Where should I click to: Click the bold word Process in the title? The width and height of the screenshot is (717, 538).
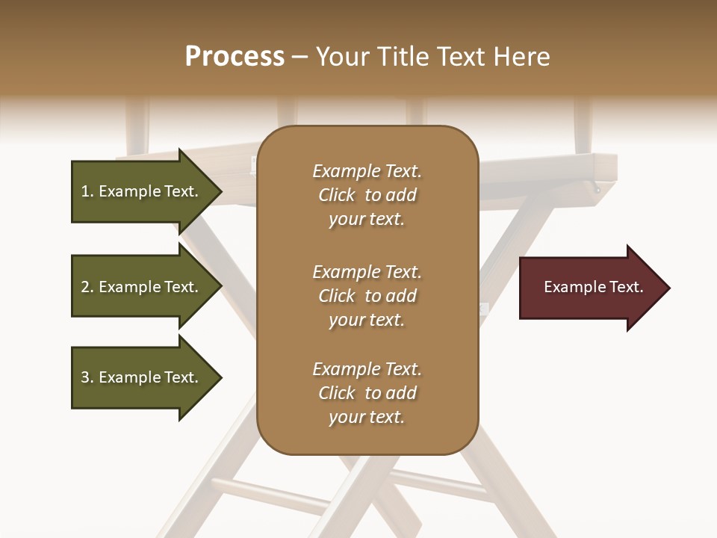(x=235, y=56)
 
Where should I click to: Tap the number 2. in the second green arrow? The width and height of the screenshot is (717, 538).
(x=87, y=287)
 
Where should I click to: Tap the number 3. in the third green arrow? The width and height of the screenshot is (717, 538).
(x=87, y=377)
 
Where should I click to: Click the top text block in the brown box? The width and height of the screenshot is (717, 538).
(x=367, y=195)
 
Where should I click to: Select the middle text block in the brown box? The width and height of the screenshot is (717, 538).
(x=367, y=296)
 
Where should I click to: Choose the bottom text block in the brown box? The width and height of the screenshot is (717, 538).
(x=367, y=393)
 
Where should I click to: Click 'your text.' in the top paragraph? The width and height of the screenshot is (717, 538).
(x=367, y=220)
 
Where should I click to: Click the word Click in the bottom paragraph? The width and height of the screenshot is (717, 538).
(x=337, y=393)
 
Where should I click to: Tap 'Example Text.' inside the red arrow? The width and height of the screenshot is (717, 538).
(x=593, y=287)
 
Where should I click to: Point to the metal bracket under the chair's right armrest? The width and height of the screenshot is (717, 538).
(x=595, y=187)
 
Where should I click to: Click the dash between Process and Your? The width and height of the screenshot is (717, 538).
(x=300, y=57)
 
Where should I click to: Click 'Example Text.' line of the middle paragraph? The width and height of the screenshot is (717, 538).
(x=367, y=272)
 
